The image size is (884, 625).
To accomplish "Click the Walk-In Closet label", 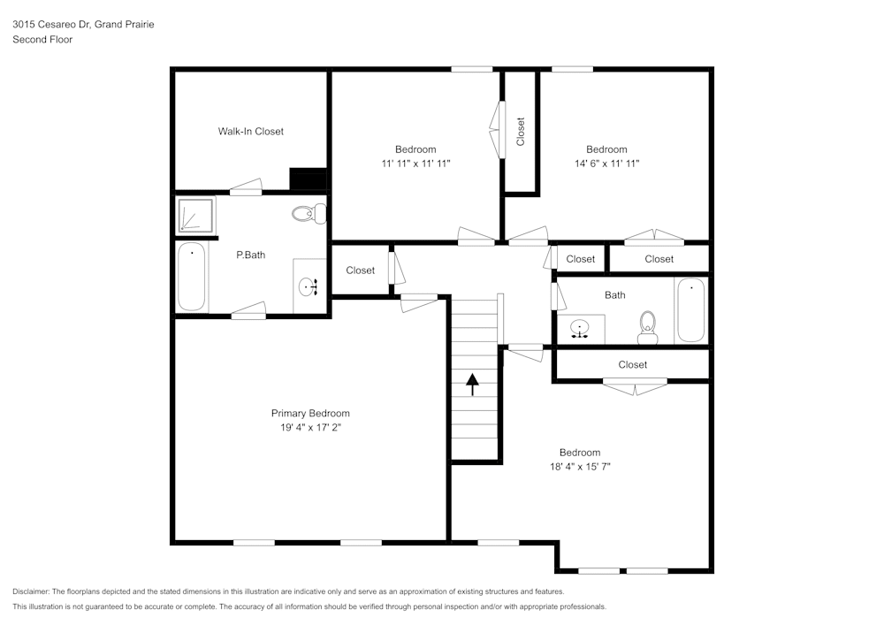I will (251, 132).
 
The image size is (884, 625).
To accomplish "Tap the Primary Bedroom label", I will (309, 414).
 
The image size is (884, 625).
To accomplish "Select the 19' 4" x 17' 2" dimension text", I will (309, 428).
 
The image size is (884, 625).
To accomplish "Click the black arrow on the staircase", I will (472, 384).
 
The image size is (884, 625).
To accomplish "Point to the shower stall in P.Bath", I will (194, 215).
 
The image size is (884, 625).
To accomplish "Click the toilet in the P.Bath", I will (309, 213).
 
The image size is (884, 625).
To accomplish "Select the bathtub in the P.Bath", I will (192, 277).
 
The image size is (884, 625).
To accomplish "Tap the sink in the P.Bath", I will (309, 286).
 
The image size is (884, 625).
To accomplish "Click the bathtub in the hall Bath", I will (690, 310).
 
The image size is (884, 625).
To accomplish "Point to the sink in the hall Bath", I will (580, 329).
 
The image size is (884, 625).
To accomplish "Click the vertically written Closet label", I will (521, 132).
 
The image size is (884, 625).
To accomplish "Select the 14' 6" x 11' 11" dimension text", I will (606, 164).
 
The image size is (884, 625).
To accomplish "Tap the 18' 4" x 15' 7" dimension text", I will (580, 467).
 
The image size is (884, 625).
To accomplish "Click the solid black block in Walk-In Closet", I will (309, 179).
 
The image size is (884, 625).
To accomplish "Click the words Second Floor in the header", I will (42, 40).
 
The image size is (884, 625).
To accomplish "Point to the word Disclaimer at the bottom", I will (31, 591).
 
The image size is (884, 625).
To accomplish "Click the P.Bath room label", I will (251, 255).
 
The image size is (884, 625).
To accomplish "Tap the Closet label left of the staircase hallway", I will (360, 271).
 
